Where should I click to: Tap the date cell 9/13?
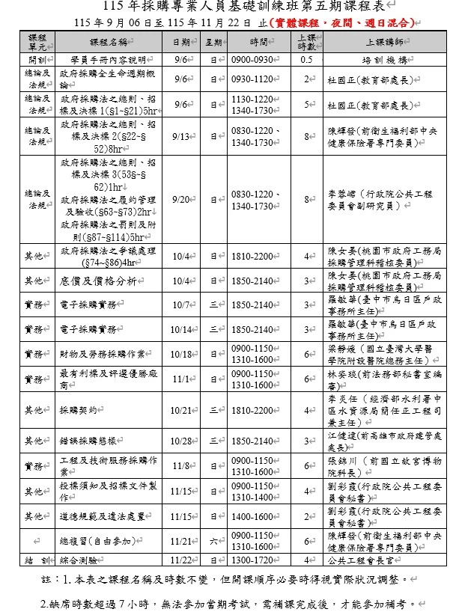(x=181, y=137)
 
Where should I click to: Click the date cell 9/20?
(x=181, y=200)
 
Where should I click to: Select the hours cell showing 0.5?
(x=305, y=58)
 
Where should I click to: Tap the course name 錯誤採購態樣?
(x=88, y=441)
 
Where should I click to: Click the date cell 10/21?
(x=181, y=410)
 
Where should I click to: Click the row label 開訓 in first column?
(x=35, y=58)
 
